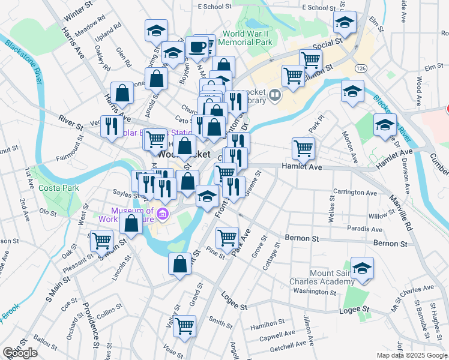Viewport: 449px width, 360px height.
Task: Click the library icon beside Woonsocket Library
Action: coord(275,94)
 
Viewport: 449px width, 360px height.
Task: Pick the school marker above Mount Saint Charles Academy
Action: coord(362,268)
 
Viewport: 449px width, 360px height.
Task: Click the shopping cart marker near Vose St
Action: coord(185,325)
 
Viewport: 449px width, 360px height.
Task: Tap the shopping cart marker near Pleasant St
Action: coord(101,240)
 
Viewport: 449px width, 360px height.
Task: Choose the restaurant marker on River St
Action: coord(110,125)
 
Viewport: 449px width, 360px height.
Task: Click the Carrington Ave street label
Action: coord(355,193)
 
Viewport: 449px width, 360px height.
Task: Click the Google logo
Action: coord(20,353)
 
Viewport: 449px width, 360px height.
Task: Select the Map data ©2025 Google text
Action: coord(411,355)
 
